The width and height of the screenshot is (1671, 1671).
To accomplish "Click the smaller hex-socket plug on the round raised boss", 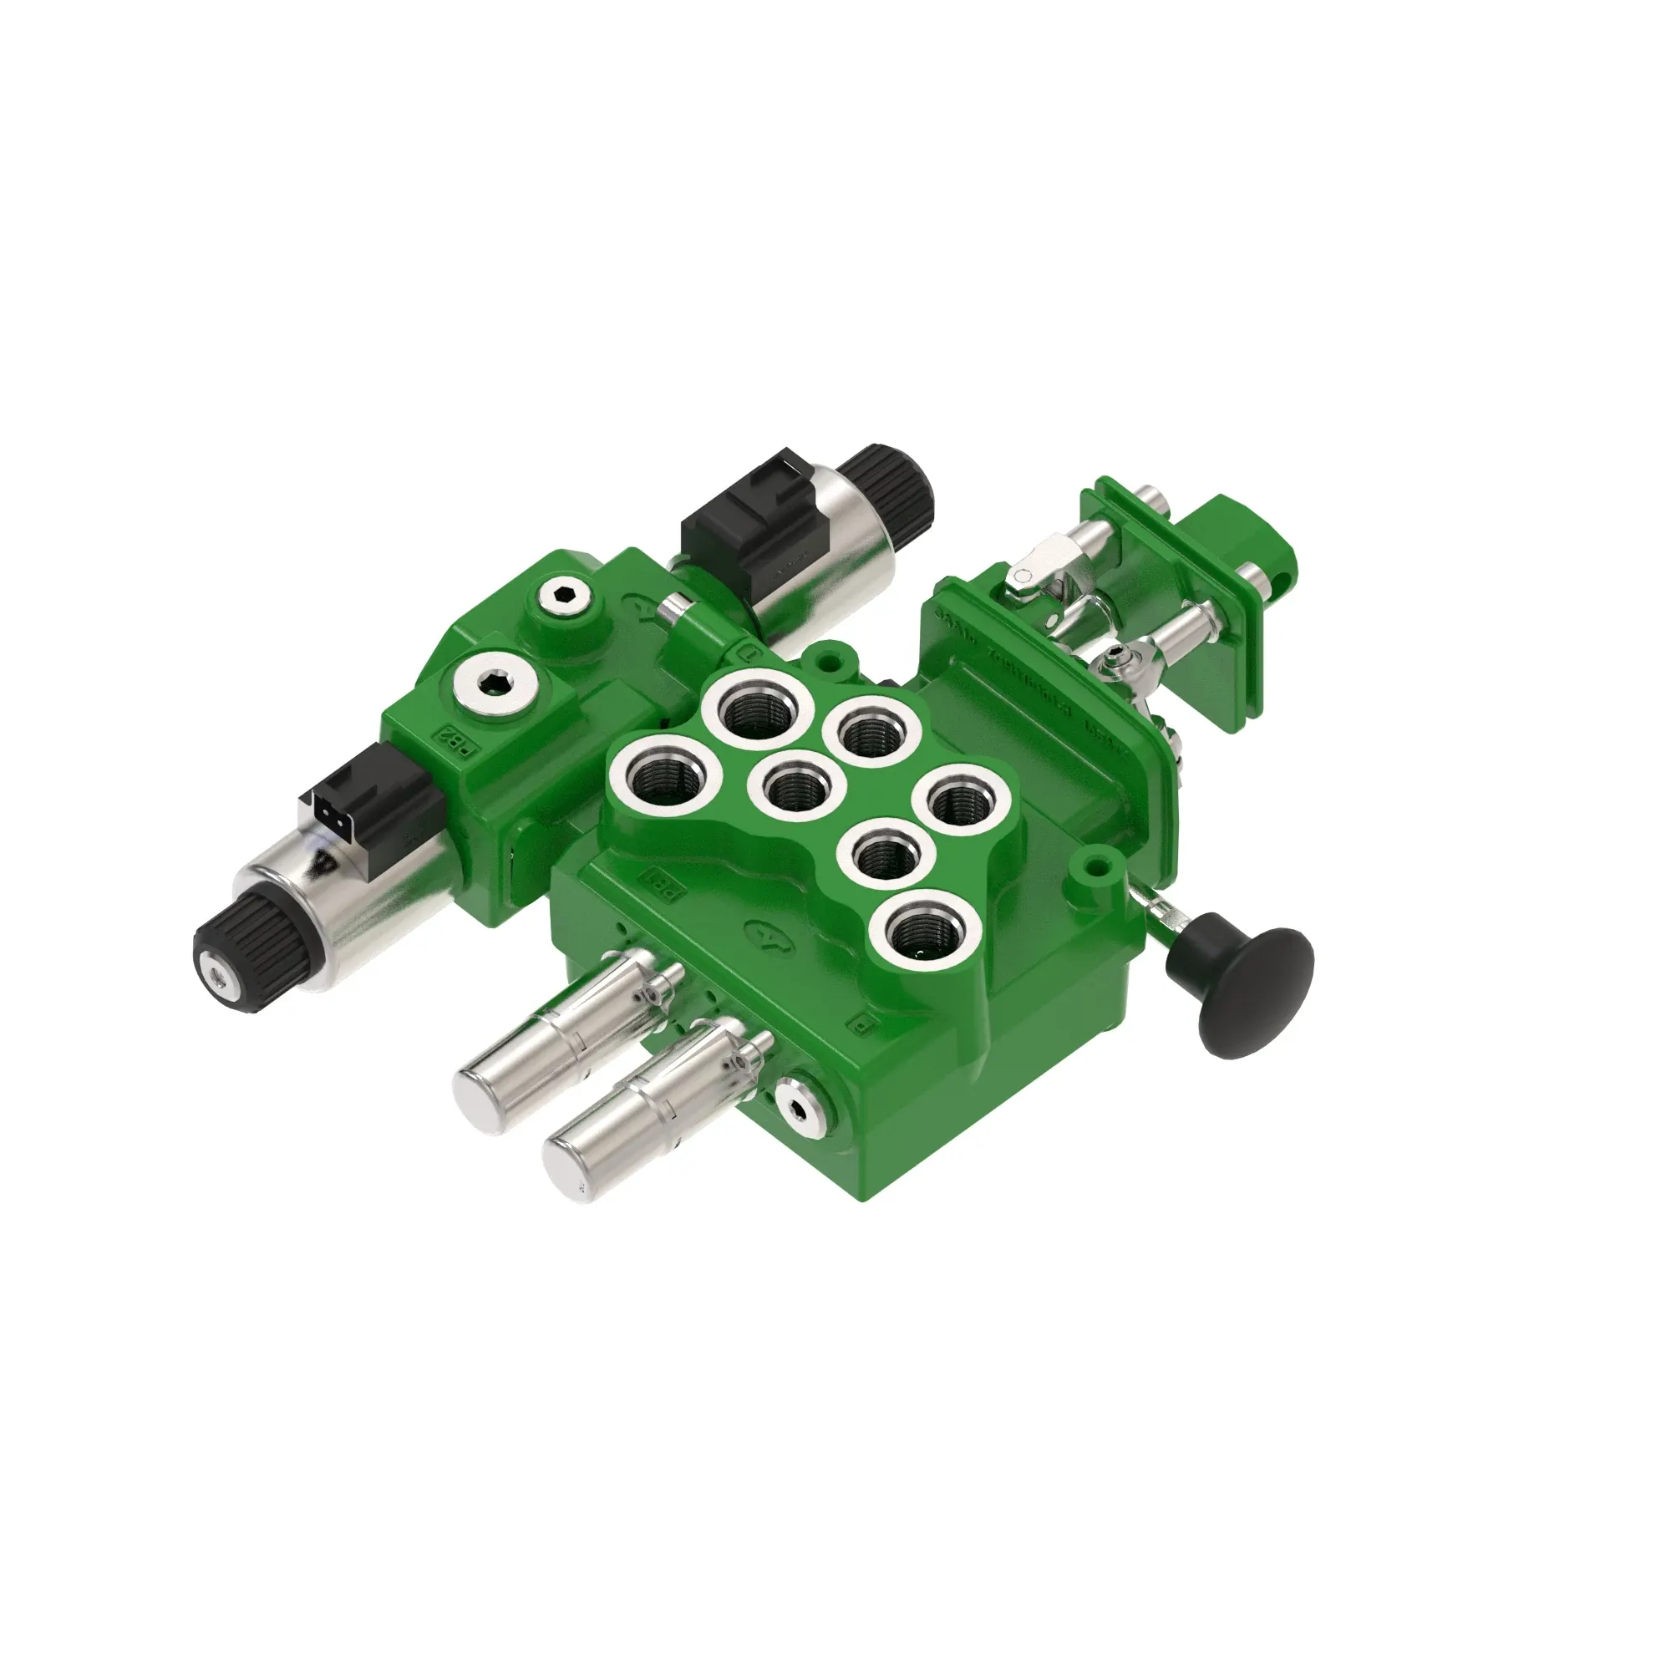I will coord(564,597).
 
